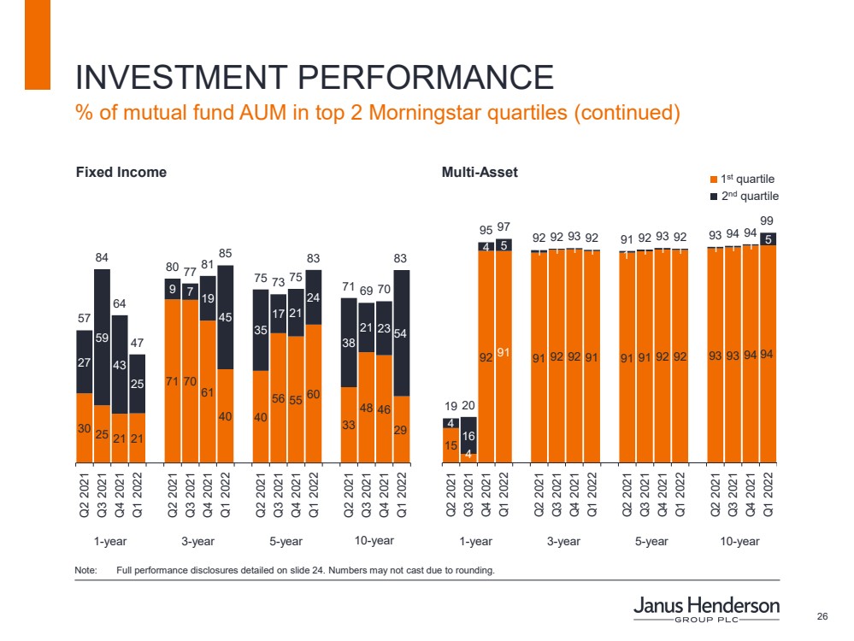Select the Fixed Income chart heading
coord(121,172)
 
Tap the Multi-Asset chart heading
coord(480,172)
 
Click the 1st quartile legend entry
coord(742,179)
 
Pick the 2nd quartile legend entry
coord(742,196)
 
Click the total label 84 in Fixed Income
coord(102,257)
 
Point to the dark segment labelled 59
coord(102,337)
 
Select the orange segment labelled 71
coord(173,380)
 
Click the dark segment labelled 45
coord(226,317)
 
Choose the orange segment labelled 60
coord(313,394)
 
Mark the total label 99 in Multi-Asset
coord(767,221)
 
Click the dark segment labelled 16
coord(468,435)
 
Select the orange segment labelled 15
coord(451,445)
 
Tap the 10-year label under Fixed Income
coord(374,540)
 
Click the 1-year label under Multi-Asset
coord(475,541)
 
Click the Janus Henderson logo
coord(706,609)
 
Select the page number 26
coord(823,617)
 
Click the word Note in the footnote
coord(86,570)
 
